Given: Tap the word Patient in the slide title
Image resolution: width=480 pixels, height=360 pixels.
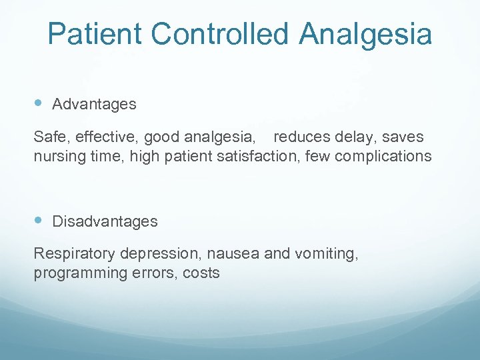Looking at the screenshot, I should [x=85, y=34].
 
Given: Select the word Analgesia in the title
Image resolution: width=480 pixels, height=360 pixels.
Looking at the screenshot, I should [x=365, y=34].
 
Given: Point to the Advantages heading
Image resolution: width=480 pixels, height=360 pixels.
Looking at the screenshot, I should [x=94, y=104].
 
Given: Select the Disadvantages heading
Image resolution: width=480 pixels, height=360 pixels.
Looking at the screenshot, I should [x=105, y=221].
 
